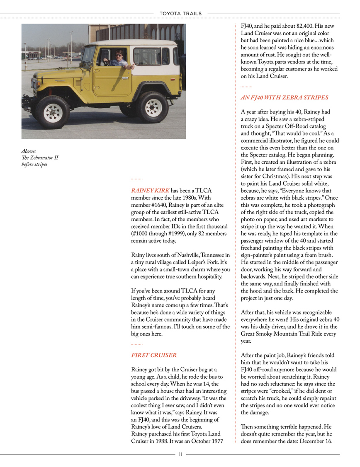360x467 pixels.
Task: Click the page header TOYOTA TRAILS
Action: pyautogui.click(x=180, y=14)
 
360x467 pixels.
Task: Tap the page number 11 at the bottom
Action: pyautogui.click(x=180, y=455)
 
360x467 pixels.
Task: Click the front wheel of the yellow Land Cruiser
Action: pyautogui.click(x=53, y=112)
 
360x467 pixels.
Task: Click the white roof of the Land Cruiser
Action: pyautogui.click(x=133, y=42)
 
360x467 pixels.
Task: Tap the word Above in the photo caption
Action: pyautogui.click(x=29, y=152)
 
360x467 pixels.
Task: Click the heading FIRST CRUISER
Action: pyautogui.click(x=154, y=355)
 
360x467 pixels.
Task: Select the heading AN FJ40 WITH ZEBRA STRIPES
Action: pyautogui.click(x=284, y=98)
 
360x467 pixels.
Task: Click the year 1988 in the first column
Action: pyautogui.click(x=170, y=440)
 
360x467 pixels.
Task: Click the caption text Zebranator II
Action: pyautogui.click(x=41, y=158)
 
